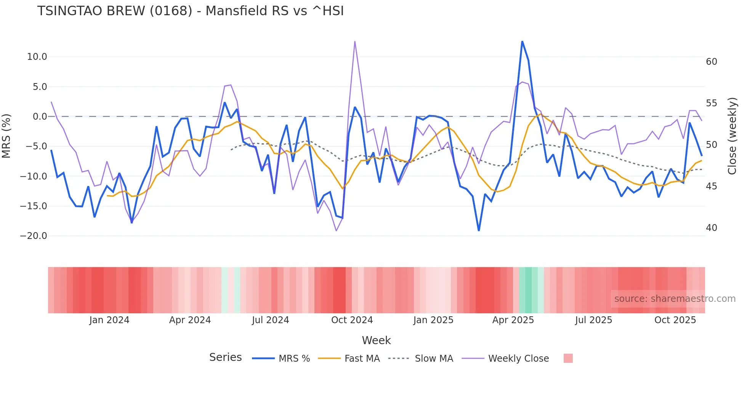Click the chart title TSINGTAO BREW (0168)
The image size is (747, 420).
(190, 11)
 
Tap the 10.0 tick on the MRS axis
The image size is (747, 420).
(37, 57)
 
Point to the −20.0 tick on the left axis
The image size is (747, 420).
(34, 236)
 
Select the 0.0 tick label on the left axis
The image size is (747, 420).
(40, 117)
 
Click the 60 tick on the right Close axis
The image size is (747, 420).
(711, 62)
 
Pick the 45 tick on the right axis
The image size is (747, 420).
(711, 186)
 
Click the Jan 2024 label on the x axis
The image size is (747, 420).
(109, 320)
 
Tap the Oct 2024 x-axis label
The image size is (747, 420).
(352, 320)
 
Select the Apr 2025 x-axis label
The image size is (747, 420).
(513, 320)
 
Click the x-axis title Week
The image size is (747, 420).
(376, 340)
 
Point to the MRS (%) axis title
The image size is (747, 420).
(6, 136)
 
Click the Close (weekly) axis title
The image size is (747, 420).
(732, 136)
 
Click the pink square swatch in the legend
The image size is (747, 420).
(568, 358)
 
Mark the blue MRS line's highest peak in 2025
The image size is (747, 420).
(522, 42)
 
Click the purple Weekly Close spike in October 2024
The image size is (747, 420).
(355, 42)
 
